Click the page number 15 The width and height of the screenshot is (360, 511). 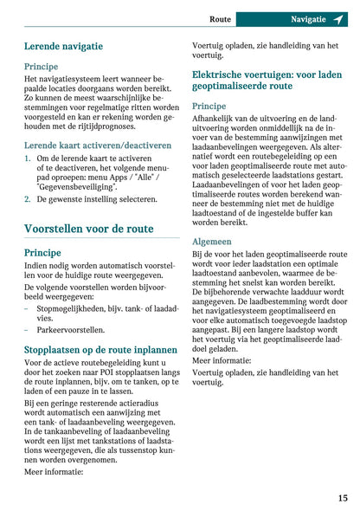(343, 498)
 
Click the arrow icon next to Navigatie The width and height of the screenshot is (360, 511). (338, 18)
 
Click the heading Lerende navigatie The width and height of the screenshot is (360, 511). (63, 46)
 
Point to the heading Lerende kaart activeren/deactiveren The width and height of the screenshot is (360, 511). (97, 146)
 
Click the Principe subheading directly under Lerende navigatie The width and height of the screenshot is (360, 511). (42, 66)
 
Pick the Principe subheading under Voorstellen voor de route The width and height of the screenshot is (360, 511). (42, 252)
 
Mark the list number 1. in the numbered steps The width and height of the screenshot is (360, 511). (28, 159)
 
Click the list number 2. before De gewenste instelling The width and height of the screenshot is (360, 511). (28, 198)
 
